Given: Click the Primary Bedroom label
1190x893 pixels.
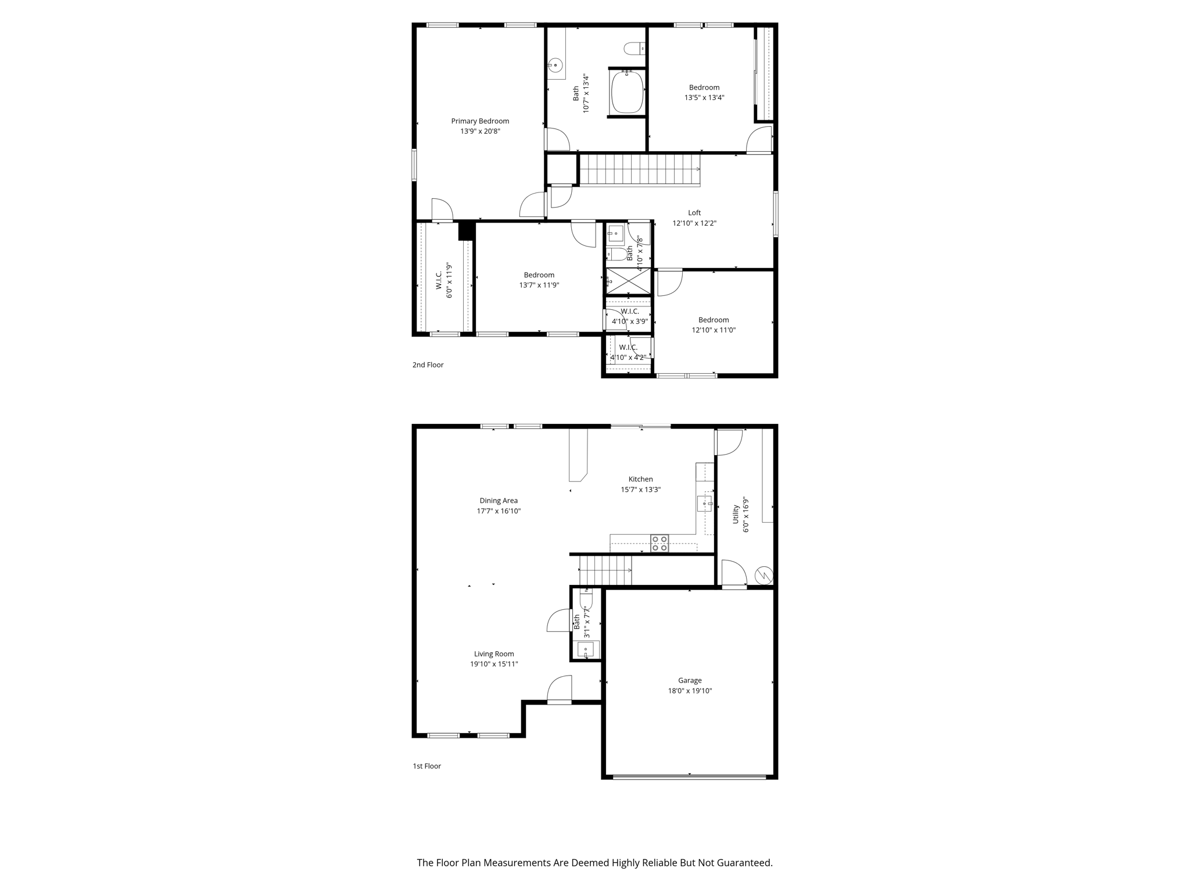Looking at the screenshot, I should coord(480,121).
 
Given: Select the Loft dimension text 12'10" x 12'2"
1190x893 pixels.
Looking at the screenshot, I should coord(694,223).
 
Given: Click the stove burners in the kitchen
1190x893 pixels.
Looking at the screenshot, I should coord(659,543).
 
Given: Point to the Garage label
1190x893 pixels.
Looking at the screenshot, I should coord(690,680).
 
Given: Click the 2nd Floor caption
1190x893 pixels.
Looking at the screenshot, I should coord(428,365).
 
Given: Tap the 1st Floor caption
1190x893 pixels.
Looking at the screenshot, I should coord(427,766).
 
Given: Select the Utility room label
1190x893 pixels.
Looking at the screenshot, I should coord(736,514).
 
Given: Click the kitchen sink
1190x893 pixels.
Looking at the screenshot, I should coord(705,503).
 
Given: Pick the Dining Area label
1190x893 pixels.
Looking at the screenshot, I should coord(499,501).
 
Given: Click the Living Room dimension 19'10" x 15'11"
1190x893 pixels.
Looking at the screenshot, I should coord(494,664).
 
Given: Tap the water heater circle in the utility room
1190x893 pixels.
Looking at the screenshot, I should coord(764,576).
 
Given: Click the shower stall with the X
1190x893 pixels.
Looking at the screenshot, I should coord(629,281).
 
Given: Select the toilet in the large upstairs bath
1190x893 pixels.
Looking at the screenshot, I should coord(635,48).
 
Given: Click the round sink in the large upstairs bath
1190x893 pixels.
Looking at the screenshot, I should coord(555,65).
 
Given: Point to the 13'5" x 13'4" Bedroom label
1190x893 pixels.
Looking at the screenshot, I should coord(704,88).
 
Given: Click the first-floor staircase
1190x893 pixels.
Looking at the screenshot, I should coord(605,570).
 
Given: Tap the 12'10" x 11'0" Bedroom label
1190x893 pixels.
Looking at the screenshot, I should coord(714,320).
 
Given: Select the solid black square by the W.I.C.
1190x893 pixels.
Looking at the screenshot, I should coord(466,231).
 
